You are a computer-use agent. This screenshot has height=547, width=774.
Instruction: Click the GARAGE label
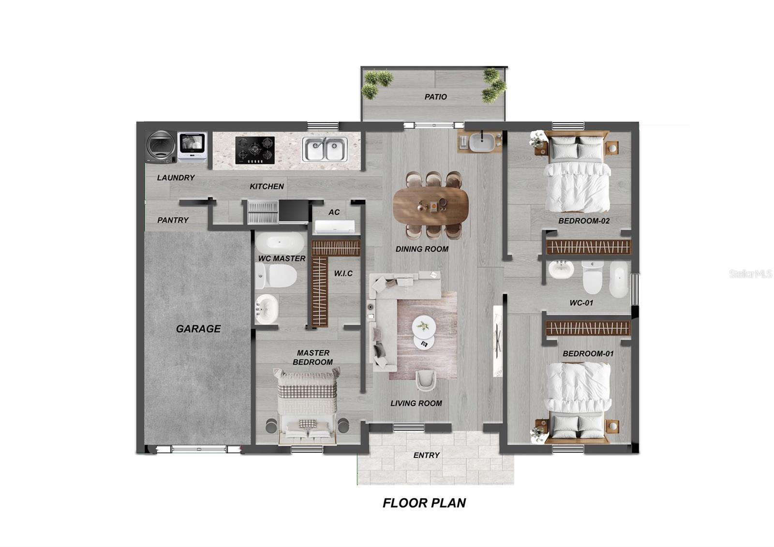coord(198,329)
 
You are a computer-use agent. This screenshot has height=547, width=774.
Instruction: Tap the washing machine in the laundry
coord(161,147)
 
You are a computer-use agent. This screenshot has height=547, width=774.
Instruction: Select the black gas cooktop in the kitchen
coord(255,150)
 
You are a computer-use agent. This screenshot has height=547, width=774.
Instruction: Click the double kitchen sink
coord(325,149)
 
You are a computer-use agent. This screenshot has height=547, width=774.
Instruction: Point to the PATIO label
coord(435,97)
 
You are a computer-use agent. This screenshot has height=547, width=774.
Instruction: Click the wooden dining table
coord(431,205)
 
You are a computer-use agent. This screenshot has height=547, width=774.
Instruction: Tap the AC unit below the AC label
coord(334,227)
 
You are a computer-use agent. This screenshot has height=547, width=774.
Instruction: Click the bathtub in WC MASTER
coord(280,243)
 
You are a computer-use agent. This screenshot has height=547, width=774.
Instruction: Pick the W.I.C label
coord(343,273)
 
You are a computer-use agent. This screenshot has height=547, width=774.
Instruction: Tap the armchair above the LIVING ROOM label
coord(426,380)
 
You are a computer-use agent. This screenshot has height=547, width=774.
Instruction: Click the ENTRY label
coord(426,455)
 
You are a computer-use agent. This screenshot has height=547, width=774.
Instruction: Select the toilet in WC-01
coord(592,277)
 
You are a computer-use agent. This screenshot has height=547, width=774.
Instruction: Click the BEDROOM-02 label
coord(584,221)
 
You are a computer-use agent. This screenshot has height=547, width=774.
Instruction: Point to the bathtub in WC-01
coord(618,279)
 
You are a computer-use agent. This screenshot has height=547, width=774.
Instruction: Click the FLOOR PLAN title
coord(424,503)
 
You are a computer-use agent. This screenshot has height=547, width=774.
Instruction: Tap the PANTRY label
coord(173,220)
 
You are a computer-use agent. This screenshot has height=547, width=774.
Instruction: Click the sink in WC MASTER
coord(267,308)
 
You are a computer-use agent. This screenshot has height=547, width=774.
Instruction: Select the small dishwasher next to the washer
coord(192,146)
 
